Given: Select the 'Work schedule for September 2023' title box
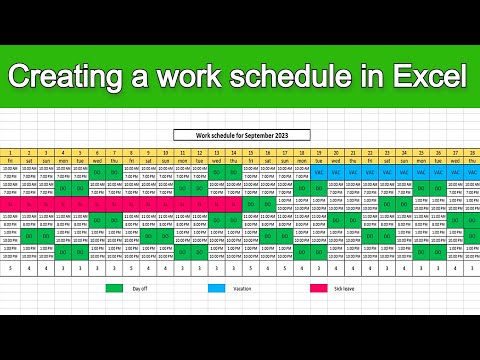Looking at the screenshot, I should pyautogui.click(x=241, y=134).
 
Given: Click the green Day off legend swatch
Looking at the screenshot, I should pyautogui.click(x=120, y=287).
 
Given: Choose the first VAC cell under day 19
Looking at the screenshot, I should pyautogui.click(x=318, y=171).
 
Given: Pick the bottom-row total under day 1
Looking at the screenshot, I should pyautogui.click(x=9, y=267).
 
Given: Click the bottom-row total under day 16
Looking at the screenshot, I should pyautogui.click(x=267, y=267).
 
